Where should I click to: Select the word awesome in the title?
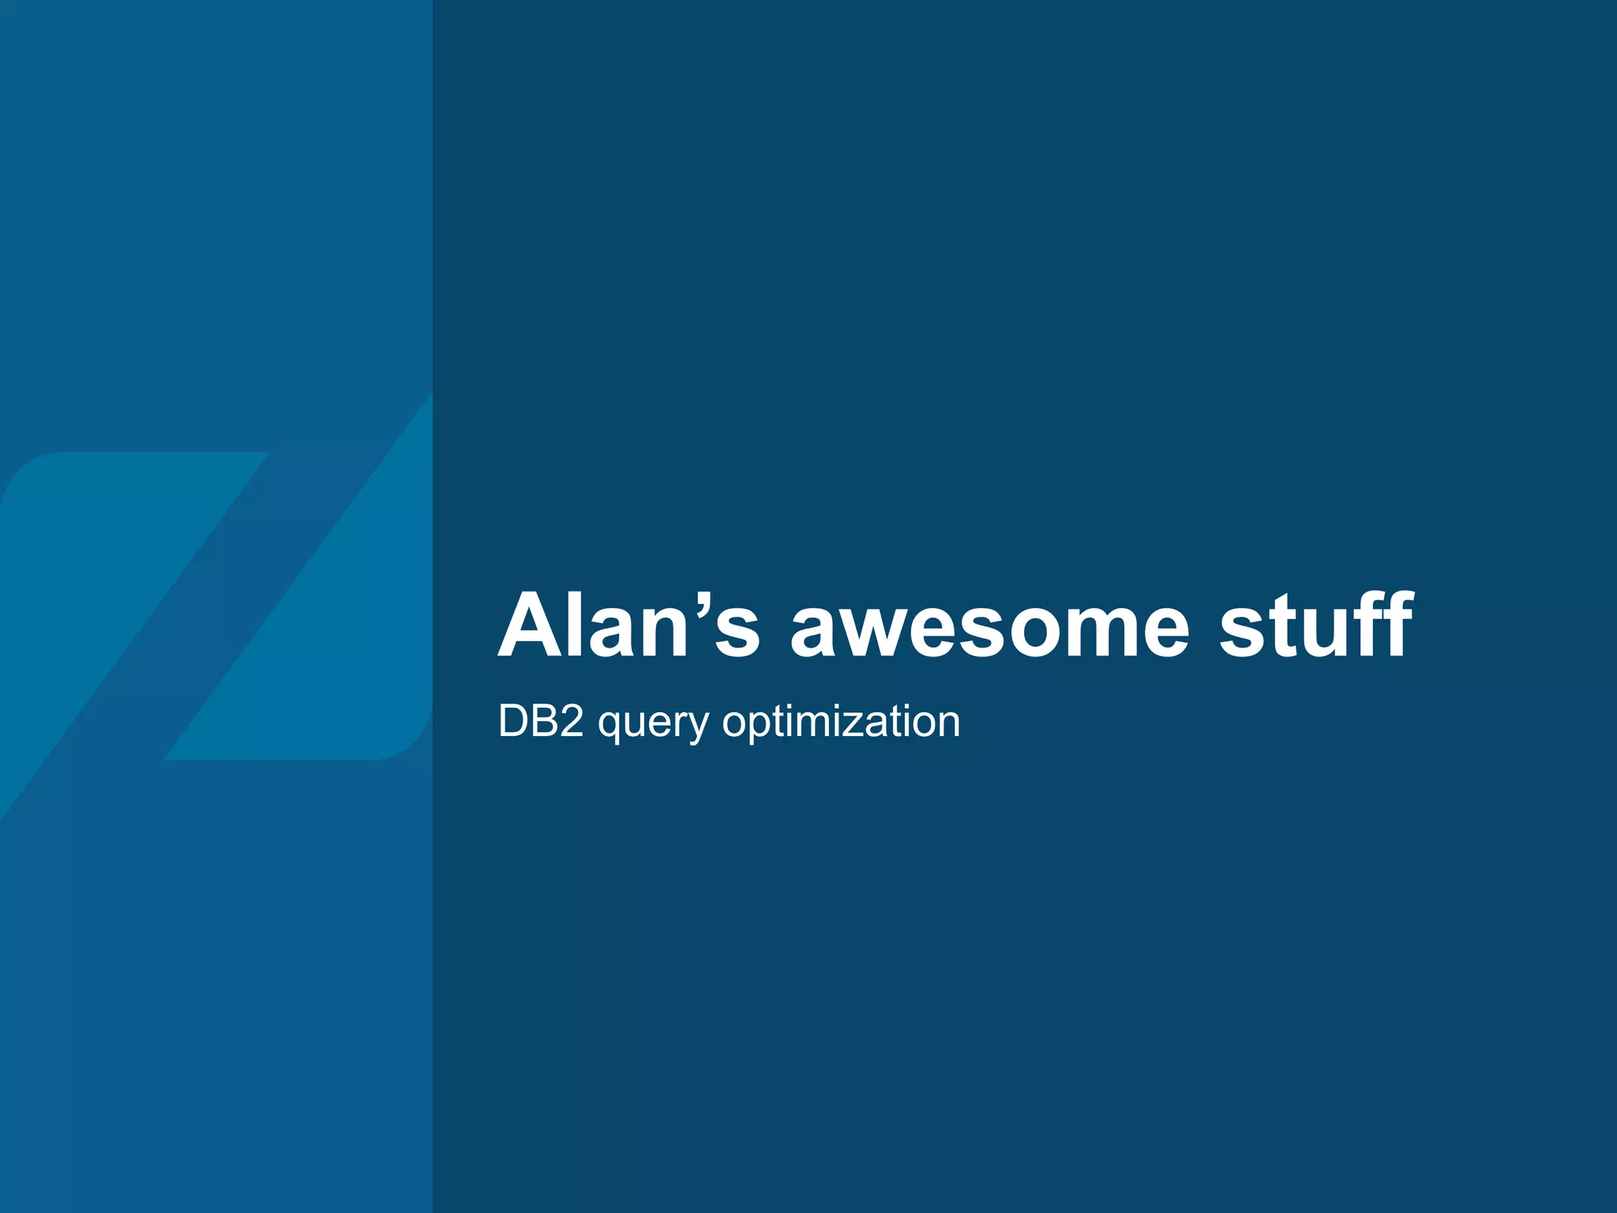tap(989, 629)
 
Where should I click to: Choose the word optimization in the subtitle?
tap(841, 722)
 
